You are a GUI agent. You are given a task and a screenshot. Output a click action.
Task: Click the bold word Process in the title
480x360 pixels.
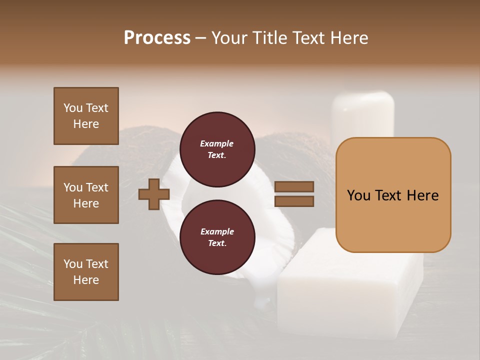(x=157, y=38)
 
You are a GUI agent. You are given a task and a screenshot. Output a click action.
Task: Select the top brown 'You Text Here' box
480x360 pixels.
(x=86, y=116)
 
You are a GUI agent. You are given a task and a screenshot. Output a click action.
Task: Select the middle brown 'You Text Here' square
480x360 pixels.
(x=86, y=195)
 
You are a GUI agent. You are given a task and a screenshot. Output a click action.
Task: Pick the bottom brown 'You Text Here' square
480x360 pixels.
(x=86, y=272)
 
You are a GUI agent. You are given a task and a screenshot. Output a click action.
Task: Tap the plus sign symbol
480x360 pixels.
(x=153, y=194)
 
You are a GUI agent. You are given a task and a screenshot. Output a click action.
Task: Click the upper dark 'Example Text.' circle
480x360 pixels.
(x=216, y=149)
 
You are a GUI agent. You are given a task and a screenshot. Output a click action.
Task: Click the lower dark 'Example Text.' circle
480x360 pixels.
(x=216, y=237)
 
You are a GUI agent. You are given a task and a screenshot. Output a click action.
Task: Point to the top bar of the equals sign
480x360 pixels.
(x=294, y=187)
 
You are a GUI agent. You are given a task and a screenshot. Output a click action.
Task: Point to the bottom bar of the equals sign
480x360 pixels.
(x=294, y=201)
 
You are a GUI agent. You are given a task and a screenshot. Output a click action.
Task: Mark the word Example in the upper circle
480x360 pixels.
(x=216, y=143)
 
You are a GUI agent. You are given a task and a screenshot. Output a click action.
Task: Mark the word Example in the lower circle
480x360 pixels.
(x=216, y=231)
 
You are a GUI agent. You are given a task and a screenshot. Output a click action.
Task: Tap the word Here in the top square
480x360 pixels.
(x=86, y=124)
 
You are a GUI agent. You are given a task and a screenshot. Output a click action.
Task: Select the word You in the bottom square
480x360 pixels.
(x=73, y=264)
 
